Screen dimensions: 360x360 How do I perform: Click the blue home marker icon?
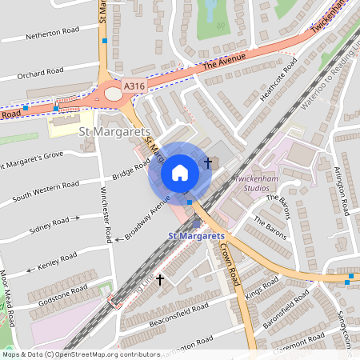point(180,173)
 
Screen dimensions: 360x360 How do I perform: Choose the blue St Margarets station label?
point(196,236)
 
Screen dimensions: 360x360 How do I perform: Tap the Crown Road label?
point(230,265)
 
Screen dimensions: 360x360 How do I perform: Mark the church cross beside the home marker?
point(208,162)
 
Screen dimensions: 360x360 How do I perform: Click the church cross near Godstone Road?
point(160,279)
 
